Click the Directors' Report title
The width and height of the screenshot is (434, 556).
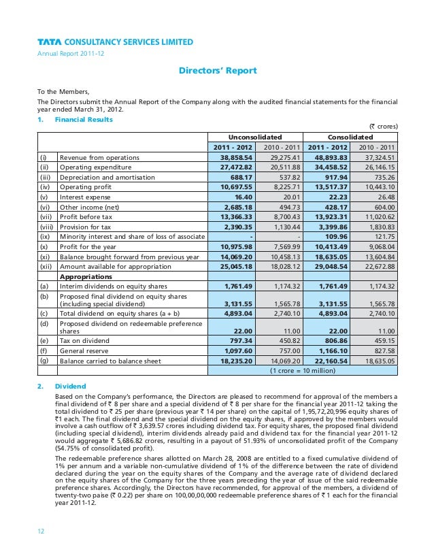tap(217, 70)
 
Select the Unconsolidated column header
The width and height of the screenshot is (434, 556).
tap(254, 137)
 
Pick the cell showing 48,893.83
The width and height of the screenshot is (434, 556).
tap(329, 157)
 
